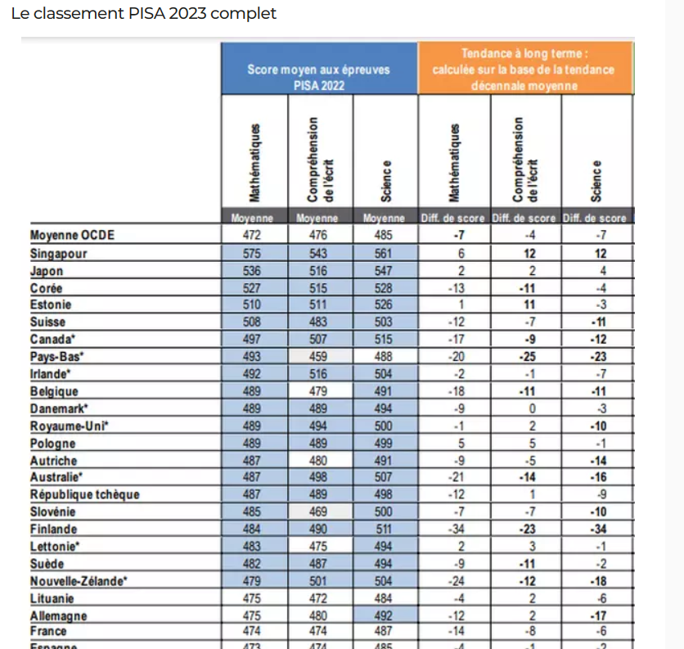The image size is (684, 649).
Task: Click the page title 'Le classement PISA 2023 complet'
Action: (143, 14)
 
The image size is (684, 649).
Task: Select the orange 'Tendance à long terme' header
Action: (524, 69)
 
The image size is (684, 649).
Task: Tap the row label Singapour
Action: (58, 254)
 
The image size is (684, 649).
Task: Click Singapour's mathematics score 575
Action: (253, 254)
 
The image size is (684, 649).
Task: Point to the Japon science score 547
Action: (385, 271)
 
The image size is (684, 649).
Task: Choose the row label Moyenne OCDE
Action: (72, 236)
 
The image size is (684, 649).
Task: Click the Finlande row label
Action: (54, 530)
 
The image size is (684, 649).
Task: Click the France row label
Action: (48, 631)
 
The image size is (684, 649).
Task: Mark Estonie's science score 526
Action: (385, 305)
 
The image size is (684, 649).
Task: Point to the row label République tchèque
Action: (84, 494)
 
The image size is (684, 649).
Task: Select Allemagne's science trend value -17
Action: (596, 615)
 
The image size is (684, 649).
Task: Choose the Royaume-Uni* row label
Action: (70, 426)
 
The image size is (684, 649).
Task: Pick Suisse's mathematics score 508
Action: (253, 322)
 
